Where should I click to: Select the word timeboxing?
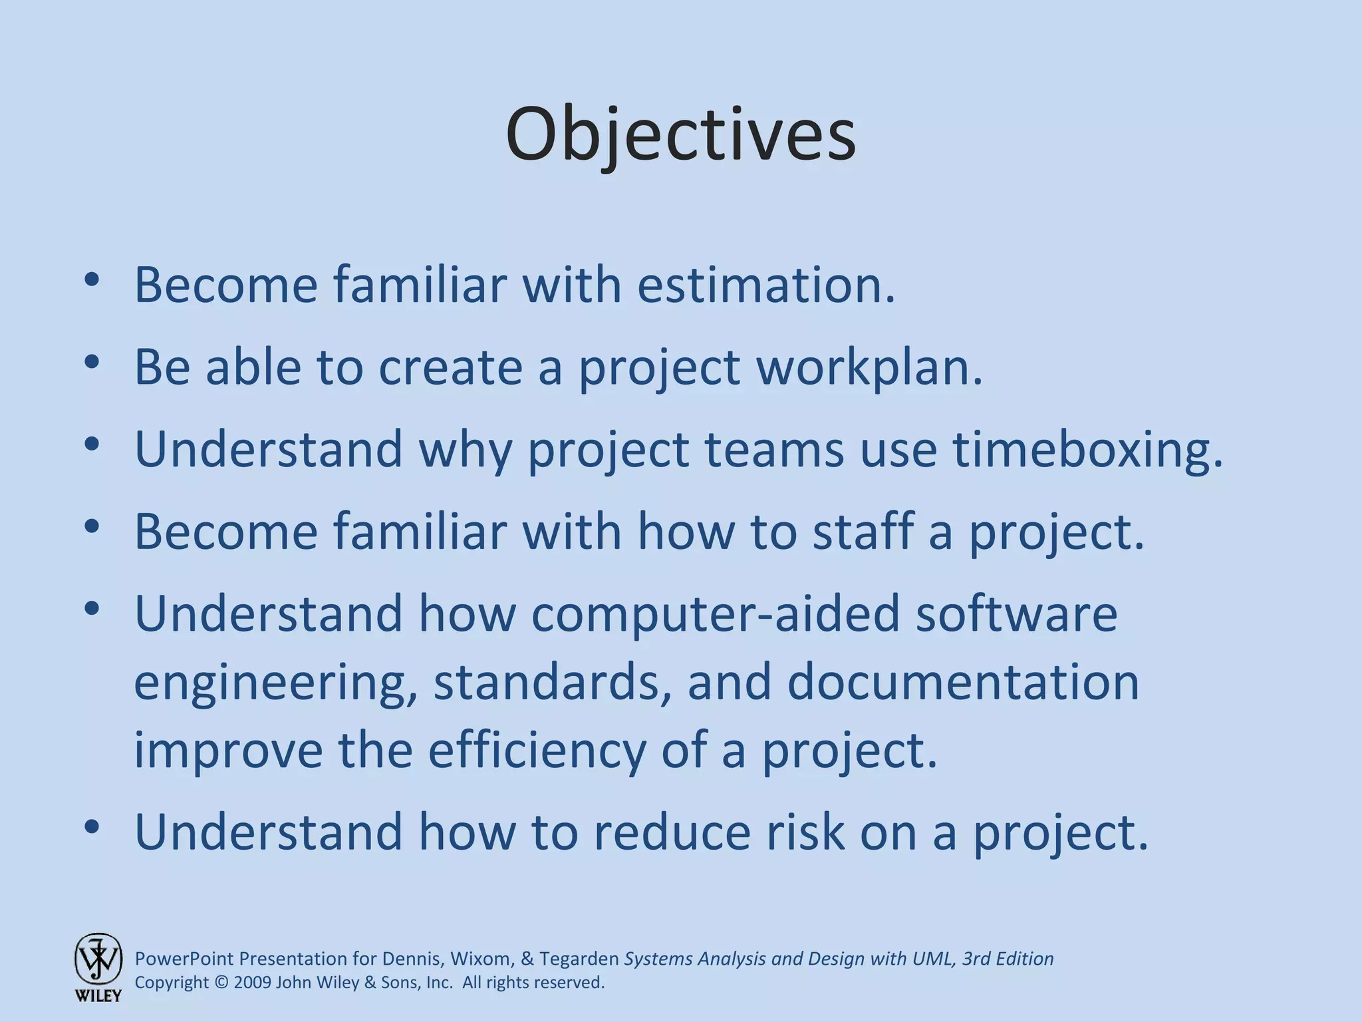(x=1088, y=450)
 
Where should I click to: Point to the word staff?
(x=862, y=532)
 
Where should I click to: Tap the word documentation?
(x=963, y=683)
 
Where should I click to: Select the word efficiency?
(x=536, y=751)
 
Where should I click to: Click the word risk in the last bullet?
(x=805, y=832)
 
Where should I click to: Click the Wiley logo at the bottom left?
(x=98, y=966)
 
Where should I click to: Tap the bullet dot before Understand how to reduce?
(x=92, y=827)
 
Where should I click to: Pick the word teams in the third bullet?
(x=773, y=450)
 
